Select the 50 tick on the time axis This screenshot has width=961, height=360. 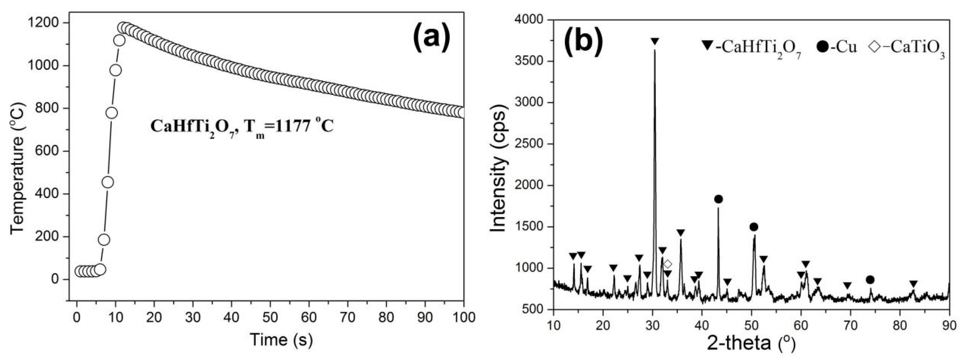point(270,317)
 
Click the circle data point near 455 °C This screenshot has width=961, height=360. point(108,182)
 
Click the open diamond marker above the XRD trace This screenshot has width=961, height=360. point(668,264)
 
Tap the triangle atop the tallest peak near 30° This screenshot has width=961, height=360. point(655,41)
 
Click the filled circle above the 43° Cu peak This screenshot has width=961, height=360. point(718,199)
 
